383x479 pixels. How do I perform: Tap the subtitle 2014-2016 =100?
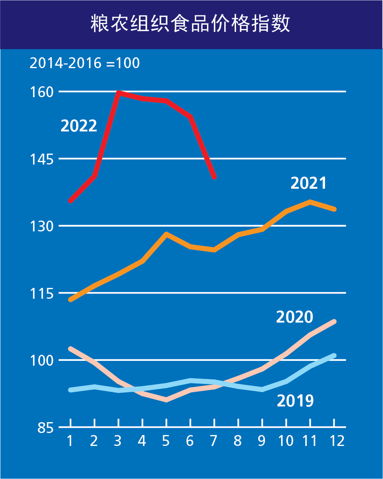tap(85, 63)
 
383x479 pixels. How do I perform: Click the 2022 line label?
tap(79, 126)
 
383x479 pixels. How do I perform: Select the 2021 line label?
tap(308, 183)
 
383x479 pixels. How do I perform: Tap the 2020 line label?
tap(294, 317)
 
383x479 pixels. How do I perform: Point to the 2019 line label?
tap(295, 401)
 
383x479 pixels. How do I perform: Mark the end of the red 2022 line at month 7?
tap(214, 177)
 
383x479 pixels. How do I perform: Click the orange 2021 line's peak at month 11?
tap(310, 202)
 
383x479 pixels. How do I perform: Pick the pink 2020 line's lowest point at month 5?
tap(166, 400)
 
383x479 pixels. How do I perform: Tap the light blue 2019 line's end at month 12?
tap(334, 356)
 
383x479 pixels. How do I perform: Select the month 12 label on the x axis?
tap(334, 441)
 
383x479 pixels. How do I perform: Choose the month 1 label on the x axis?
tap(70, 441)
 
